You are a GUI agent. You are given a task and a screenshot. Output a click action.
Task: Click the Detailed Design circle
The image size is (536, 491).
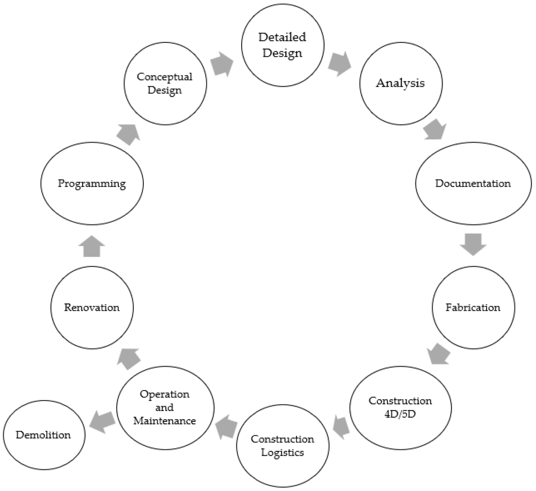click(282, 45)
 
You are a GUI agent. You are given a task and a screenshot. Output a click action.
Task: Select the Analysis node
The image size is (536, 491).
click(401, 83)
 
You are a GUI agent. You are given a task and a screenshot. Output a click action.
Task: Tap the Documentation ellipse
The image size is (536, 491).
click(473, 183)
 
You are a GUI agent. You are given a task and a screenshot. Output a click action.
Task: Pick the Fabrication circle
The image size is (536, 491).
click(473, 308)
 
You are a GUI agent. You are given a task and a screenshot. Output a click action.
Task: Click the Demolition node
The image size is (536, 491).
click(43, 435)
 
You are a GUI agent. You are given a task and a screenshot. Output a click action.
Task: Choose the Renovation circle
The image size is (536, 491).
click(92, 308)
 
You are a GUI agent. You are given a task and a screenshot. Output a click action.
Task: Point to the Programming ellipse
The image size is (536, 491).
click(92, 183)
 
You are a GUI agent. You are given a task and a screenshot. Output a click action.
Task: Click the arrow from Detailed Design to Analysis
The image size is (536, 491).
click(339, 64)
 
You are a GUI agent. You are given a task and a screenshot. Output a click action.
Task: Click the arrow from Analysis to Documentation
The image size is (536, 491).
click(435, 129)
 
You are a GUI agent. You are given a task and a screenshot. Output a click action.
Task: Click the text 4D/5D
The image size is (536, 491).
click(400, 414)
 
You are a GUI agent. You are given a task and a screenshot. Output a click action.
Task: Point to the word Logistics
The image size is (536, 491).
click(282, 453)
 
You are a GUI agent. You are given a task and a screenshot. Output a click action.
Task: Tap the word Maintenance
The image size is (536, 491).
click(164, 420)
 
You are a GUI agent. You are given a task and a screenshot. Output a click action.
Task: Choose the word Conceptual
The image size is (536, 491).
click(164, 77)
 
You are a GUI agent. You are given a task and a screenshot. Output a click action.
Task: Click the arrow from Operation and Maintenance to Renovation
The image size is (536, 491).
click(129, 358)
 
